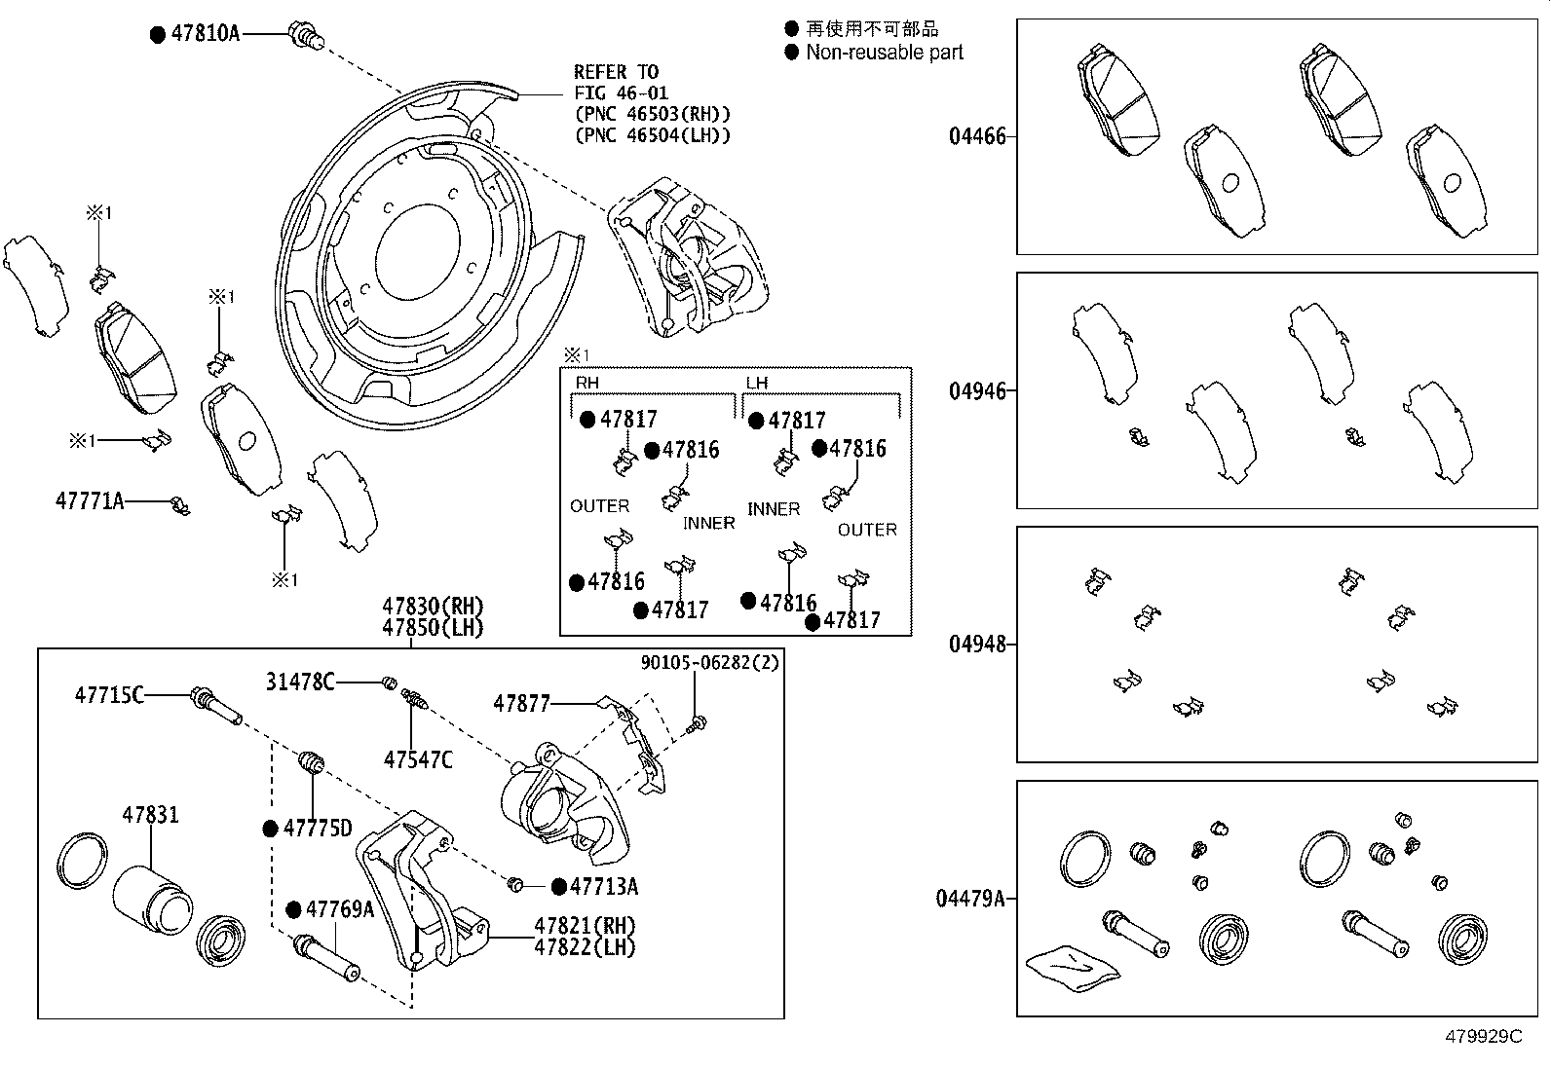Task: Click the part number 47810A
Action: pos(205,33)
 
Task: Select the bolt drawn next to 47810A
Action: pos(306,37)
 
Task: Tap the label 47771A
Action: pos(90,502)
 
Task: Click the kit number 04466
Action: pos(977,136)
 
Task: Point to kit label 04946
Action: pos(977,391)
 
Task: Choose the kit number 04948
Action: pos(977,645)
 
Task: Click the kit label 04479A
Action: pos(970,899)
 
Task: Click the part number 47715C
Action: pos(109,695)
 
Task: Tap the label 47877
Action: pos(521,703)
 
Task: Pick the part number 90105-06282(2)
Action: pos(709,662)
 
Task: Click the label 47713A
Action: pos(604,886)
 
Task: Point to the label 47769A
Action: pos(340,909)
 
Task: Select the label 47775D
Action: pos(318,829)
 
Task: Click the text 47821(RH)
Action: pos(585,926)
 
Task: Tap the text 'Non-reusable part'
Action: pos(884,53)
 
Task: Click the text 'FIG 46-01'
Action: pos(621,93)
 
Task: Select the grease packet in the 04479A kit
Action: pos(1069,968)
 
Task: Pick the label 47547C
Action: pos(418,759)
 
